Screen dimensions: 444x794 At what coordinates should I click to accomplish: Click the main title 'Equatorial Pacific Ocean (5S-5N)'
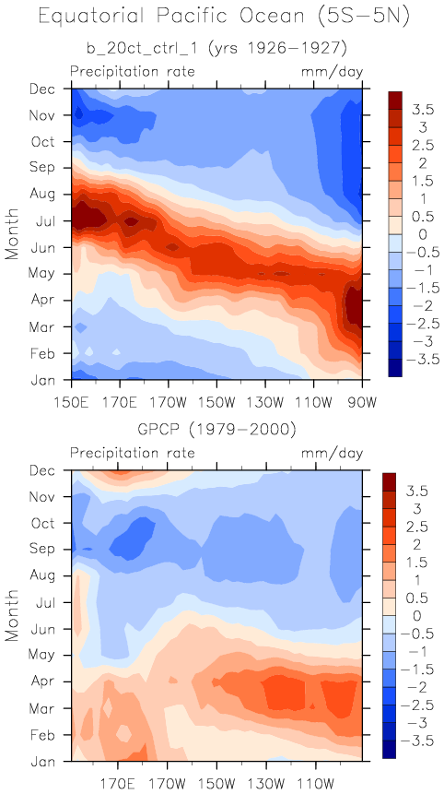224,18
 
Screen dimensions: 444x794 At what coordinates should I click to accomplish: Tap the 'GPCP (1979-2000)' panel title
216,431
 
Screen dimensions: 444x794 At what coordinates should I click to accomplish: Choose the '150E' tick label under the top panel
71,391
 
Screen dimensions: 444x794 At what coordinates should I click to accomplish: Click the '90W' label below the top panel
362,391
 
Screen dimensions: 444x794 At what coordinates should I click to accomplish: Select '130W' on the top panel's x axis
265,391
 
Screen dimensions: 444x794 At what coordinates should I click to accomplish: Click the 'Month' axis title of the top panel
13,234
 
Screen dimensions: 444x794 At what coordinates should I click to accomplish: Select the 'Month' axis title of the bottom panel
13,616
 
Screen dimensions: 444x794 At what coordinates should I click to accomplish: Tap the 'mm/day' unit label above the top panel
333,72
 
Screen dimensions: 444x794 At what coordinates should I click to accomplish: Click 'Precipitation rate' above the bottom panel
133,453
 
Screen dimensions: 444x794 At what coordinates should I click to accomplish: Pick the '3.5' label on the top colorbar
415,110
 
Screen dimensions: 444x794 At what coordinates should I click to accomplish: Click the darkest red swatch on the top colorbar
395,101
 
